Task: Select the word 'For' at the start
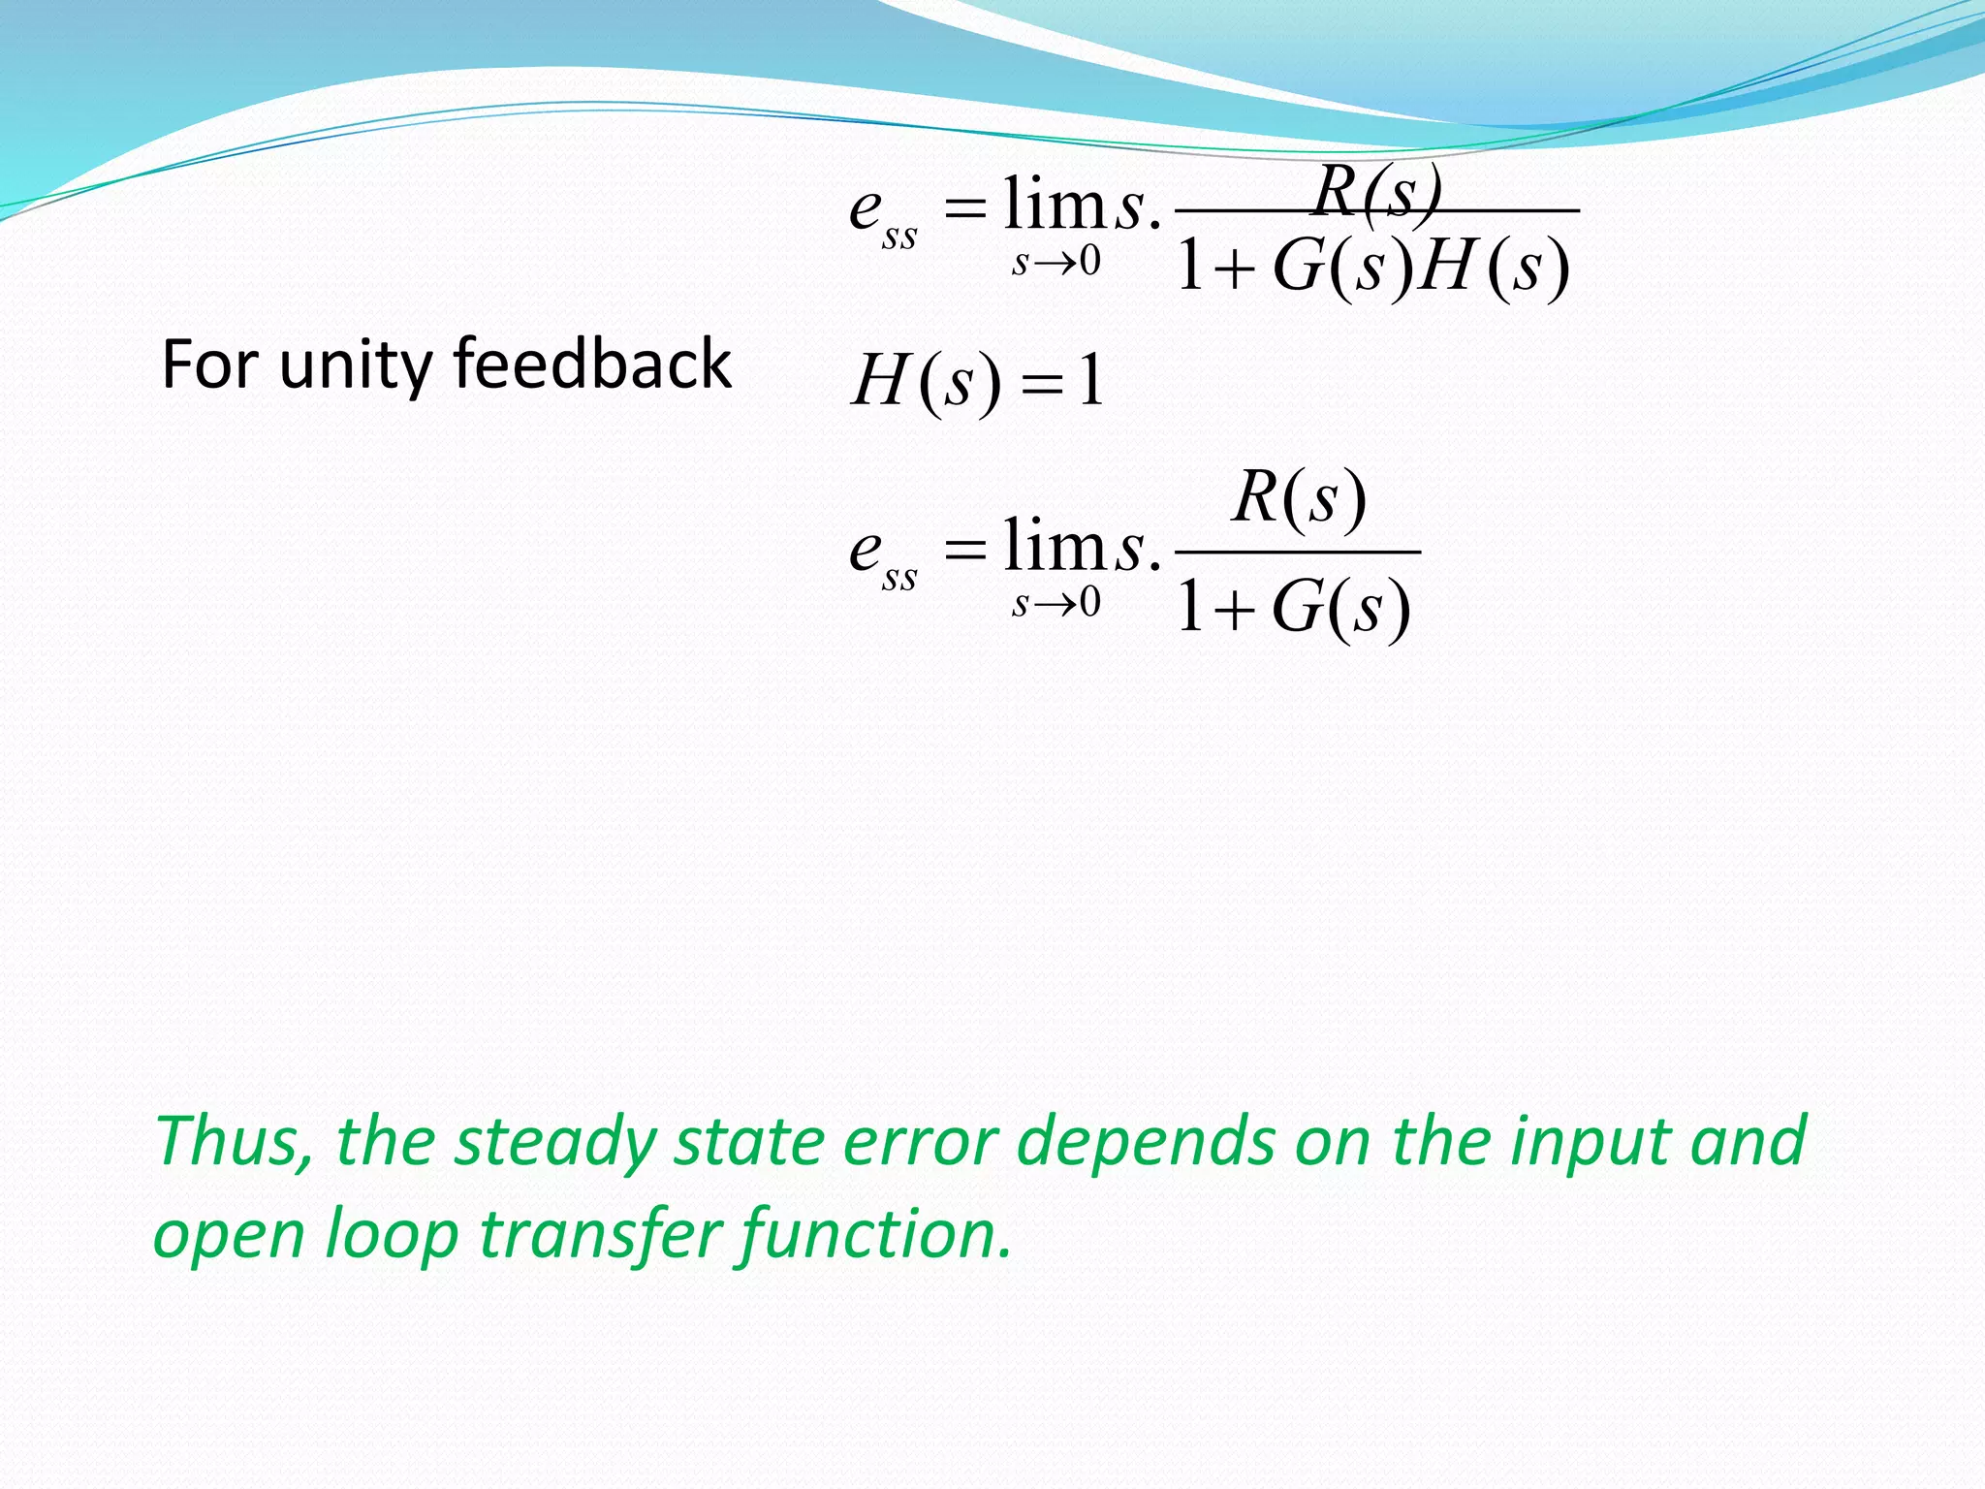209,364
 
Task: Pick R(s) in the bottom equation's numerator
1299,498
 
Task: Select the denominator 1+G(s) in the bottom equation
1293,609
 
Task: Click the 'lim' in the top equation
1055,206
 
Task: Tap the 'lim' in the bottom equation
1055,547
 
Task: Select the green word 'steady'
556,1142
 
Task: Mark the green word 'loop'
391,1235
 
